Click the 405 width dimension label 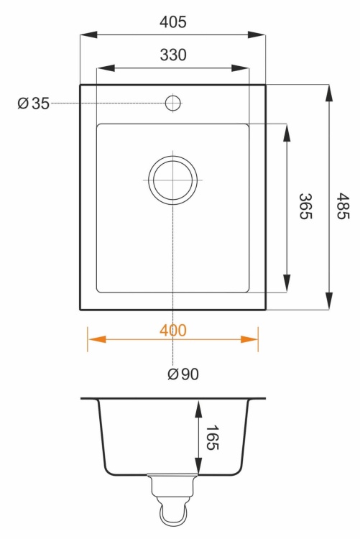pos(173,22)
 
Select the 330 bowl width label pos(173,55)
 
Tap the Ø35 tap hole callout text pos(34,103)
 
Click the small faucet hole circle pos(173,103)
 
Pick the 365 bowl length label pos(305,206)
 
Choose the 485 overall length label pos(343,206)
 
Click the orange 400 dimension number pos(173,331)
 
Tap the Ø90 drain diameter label pos(183,374)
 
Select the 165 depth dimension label pos(212,438)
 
